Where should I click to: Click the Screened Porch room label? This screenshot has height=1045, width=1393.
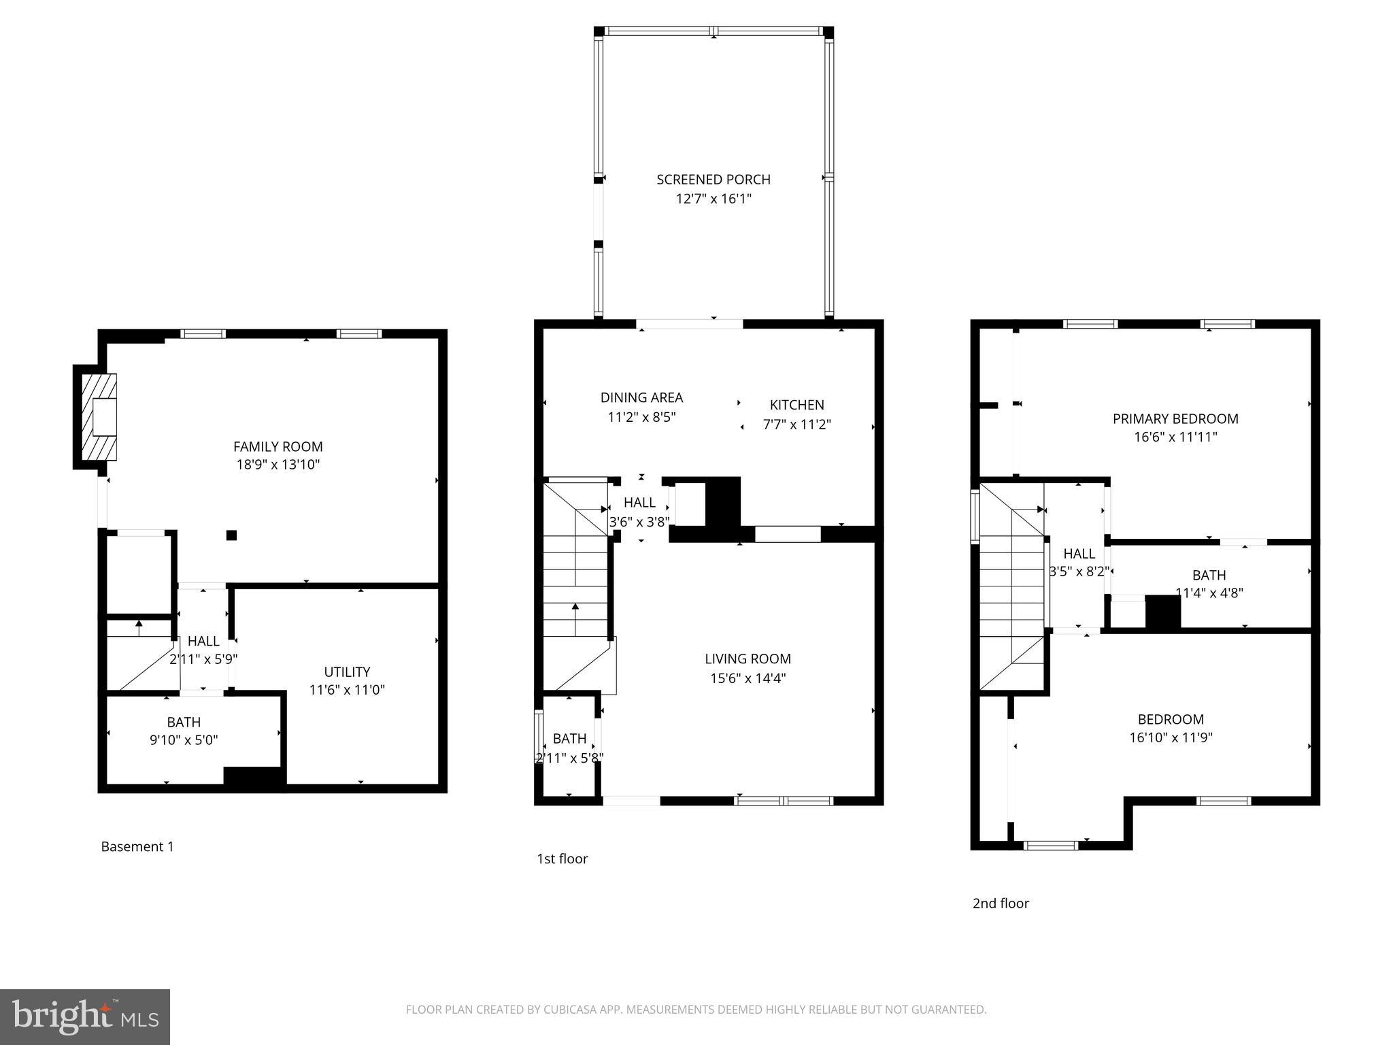coord(713,180)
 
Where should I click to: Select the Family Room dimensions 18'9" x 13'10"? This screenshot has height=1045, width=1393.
coord(277,465)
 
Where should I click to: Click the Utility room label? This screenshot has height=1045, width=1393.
coord(347,671)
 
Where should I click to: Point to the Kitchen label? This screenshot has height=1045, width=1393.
coord(796,405)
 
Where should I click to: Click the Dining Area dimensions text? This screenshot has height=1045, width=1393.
coord(641,417)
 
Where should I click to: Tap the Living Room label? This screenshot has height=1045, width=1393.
coord(748,659)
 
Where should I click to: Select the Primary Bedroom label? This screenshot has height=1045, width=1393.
coord(1175,419)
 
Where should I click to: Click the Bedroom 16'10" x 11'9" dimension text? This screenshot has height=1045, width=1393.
coord(1171,737)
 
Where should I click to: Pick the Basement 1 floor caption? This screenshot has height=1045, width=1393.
coord(137,847)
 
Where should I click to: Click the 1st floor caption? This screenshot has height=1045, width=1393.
coord(562,859)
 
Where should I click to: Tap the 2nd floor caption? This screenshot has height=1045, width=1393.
coord(1001,903)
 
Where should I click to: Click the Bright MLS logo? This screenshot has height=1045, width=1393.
coord(85,1017)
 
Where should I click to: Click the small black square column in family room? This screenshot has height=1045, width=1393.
coord(231,535)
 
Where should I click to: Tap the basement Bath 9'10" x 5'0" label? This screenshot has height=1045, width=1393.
coord(184,723)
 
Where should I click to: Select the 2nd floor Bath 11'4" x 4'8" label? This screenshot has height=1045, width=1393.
coord(1209,576)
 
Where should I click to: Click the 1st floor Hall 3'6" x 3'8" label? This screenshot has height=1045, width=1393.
coord(639,503)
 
